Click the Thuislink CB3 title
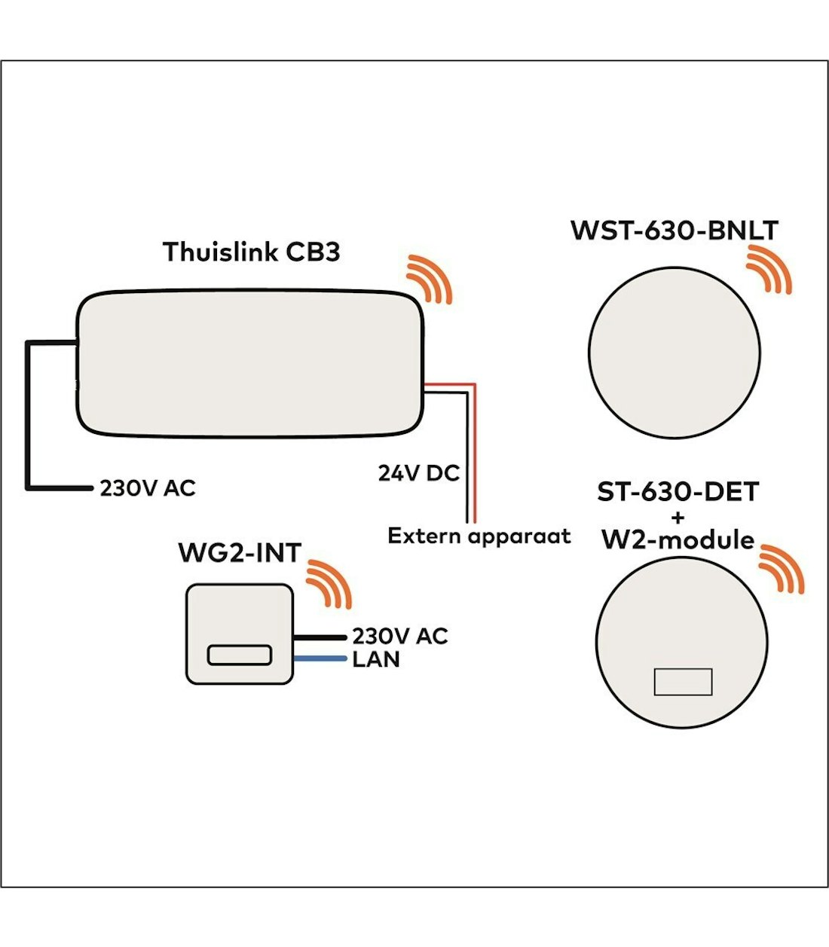click(252, 252)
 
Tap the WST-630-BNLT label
click(674, 230)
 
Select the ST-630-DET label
click(678, 492)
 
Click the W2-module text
click(678, 539)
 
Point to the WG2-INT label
click(240, 552)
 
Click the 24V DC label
click(419, 473)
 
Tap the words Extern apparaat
click(479, 536)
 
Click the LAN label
click(376, 660)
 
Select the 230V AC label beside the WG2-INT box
click(400, 637)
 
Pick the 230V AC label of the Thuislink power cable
click(148, 488)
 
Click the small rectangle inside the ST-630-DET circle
click(683, 682)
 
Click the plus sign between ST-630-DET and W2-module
click(678, 517)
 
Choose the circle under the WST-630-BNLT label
click(675, 353)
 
